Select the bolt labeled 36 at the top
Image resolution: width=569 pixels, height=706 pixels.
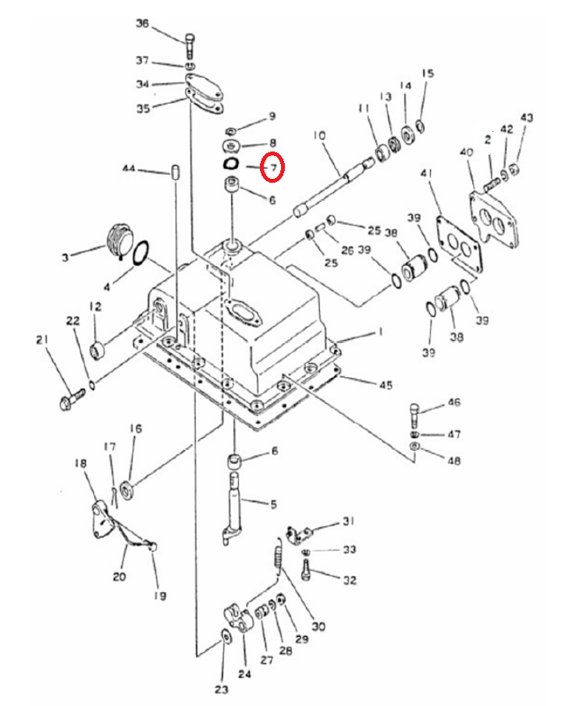click(x=190, y=46)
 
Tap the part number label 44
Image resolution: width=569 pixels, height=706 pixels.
click(x=129, y=169)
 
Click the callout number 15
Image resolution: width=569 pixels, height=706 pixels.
click(x=428, y=73)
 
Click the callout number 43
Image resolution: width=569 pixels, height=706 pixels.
click(x=527, y=117)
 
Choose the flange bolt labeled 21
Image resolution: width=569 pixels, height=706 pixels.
click(x=72, y=398)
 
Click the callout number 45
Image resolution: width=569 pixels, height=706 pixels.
click(x=386, y=385)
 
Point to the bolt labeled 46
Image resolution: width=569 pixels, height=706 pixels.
click(x=414, y=415)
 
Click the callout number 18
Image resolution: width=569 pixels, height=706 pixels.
click(x=81, y=463)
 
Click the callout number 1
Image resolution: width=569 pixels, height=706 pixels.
click(x=380, y=332)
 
